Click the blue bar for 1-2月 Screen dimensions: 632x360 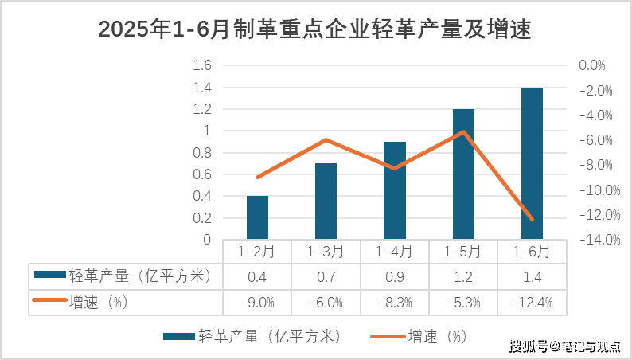pos(257,217)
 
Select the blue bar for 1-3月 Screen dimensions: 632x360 pos(326,202)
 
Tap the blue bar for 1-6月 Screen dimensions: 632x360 pos(532,163)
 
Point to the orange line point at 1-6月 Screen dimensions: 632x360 pos(532,220)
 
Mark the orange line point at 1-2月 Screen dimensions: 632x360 pos(258,178)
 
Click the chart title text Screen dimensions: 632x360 pos(314,29)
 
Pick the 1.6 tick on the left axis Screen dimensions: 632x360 pos(202,65)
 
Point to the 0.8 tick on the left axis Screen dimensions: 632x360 pos(202,153)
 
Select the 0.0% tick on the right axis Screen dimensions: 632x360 pos(592,65)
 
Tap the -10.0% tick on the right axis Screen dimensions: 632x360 pos(600,190)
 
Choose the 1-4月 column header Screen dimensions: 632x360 pos(394,252)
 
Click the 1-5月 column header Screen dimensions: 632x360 pos(462,252)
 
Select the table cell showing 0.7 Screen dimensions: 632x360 pos(326,277)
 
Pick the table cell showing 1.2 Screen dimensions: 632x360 pos(463,277)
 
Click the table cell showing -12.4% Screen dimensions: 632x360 pos(533,303)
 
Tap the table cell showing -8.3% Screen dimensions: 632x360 pos(396,303)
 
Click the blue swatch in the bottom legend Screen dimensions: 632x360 pos(179,336)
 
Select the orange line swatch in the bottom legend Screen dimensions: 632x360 pos(388,336)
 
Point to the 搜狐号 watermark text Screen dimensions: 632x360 pos(529,346)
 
